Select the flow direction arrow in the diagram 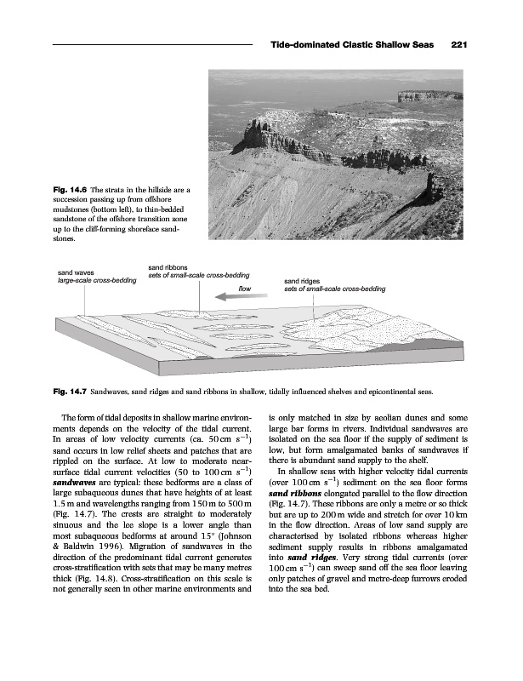(x=236, y=297)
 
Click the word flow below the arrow (x=246, y=289)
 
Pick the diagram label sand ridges (x=302, y=280)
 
